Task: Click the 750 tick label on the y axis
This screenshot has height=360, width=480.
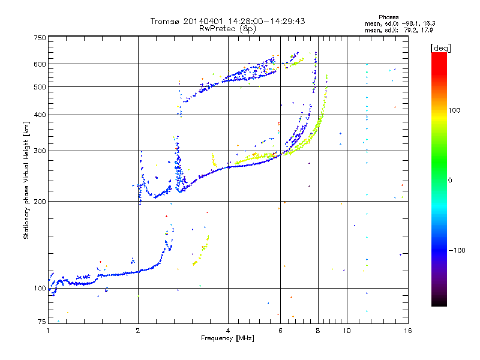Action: pos(40,38)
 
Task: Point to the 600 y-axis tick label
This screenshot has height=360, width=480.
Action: pos(40,64)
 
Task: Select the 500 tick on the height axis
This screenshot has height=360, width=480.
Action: pos(40,87)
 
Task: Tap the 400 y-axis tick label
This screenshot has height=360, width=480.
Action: pos(40,115)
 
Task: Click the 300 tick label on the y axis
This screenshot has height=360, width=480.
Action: pos(40,151)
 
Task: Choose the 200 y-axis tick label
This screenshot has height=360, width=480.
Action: pos(40,201)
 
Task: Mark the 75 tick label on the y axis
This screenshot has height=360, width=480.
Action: pos(41,322)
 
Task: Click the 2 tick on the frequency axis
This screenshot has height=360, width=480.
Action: pos(138,331)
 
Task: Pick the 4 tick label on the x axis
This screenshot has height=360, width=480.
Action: pos(228,331)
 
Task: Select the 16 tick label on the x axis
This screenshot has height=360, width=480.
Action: pos(407,331)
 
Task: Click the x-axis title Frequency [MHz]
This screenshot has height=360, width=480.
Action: pos(227,338)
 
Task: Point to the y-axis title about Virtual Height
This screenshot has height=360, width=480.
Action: pos(26,180)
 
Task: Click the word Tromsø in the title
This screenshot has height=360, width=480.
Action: pos(166,22)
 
